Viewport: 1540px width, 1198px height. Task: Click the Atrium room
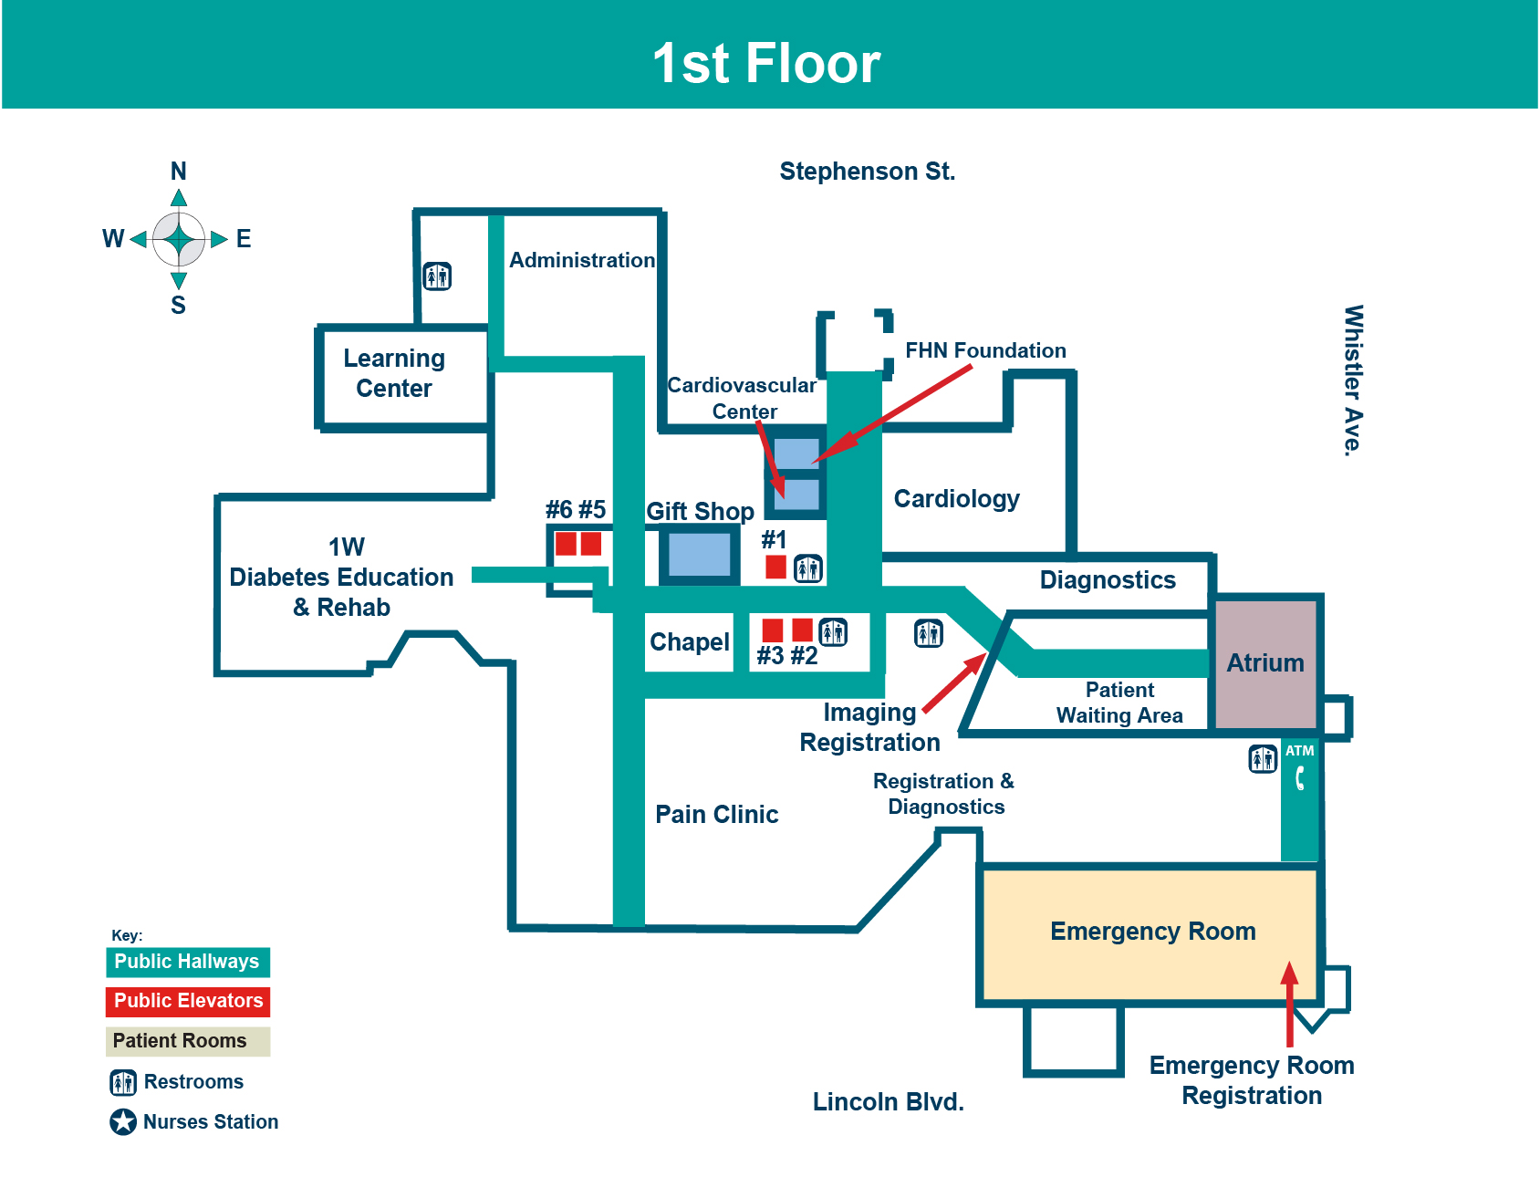pyautogui.click(x=1264, y=663)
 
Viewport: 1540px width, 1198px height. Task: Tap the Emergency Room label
pyautogui.click(x=1152, y=932)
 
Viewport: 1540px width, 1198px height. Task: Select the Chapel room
pyautogui.click(x=689, y=642)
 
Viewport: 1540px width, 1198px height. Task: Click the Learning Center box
pyautogui.click(x=394, y=373)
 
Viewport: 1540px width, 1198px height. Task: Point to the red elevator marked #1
pyautogui.click(x=775, y=567)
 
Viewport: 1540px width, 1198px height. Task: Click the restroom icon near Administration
pyautogui.click(x=437, y=276)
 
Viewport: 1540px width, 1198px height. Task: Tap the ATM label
pyautogui.click(x=1299, y=751)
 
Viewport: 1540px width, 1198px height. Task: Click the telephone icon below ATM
pyautogui.click(x=1300, y=778)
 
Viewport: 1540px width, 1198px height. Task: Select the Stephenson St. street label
pyautogui.click(x=867, y=172)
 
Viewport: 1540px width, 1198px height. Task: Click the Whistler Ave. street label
pyautogui.click(x=1353, y=380)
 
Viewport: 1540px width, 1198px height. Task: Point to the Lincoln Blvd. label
pyautogui.click(x=888, y=1102)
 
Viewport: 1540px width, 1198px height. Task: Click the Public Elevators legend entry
pyautogui.click(x=188, y=1001)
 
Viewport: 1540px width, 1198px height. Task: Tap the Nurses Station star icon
pyautogui.click(x=123, y=1121)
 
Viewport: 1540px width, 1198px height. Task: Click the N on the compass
pyautogui.click(x=179, y=172)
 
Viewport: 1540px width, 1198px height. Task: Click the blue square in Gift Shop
pyautogui.click(x=699, y=554)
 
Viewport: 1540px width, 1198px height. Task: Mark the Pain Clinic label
pyautogui.click(x=716, y=815)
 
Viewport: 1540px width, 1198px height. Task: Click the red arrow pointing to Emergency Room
pyautogui.click(x=1289, y=1004)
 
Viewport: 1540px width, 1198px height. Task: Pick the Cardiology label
pyautogui.click(x=956, y=499)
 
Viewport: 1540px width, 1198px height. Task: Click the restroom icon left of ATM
pyautogui.click(x=1263, y=758)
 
